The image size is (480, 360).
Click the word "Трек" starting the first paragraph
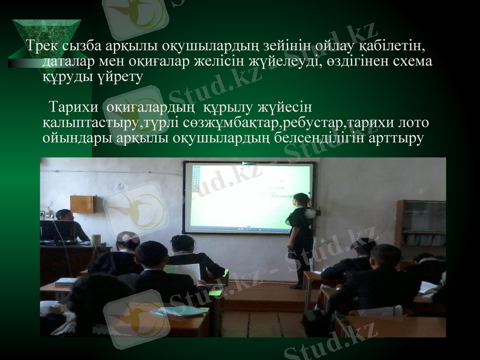click(x=42, y=46)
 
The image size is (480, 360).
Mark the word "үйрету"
click(x=118, y=77)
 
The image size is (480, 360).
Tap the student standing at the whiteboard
click(x=299, y=237)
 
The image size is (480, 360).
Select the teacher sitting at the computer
click(x=69, y=225)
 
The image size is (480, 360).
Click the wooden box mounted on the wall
click(x=82, y=204)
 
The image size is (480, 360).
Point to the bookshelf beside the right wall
click(x=420, y=228)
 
